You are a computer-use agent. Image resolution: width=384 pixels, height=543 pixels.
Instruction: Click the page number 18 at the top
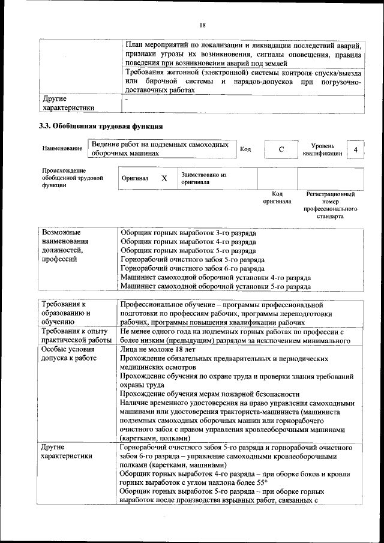pos(202,25)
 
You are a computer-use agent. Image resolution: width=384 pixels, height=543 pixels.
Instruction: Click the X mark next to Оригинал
pos(164,178)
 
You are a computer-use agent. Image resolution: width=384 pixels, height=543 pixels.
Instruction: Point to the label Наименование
pos(62,148)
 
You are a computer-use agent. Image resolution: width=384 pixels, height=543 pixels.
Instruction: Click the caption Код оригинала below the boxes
pos(277,198)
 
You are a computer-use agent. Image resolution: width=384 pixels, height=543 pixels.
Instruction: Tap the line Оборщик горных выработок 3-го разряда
pos(188,232)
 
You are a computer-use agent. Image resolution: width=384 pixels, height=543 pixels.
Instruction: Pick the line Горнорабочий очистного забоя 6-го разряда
pos(193,269)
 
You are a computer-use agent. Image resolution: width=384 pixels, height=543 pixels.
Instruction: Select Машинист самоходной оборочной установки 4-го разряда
pos(215,278)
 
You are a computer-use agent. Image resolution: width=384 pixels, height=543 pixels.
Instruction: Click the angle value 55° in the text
pos(262,481)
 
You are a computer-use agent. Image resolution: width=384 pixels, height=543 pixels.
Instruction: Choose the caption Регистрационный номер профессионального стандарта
pos(330,205)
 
